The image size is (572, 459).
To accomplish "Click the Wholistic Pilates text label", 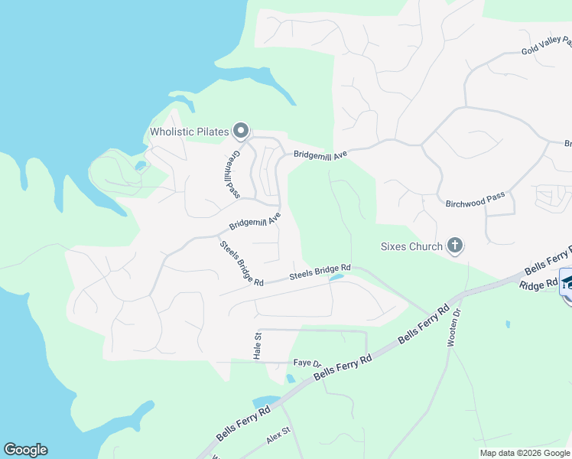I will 189,132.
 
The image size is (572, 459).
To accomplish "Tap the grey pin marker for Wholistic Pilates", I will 241,132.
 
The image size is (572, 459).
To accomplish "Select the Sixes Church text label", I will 411,246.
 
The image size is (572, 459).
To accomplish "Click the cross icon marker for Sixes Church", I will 455,246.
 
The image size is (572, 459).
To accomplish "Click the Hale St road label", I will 258,346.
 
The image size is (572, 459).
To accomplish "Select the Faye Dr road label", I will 306,363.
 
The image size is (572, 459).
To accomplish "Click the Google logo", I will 25,450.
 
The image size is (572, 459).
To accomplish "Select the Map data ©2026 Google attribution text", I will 525,453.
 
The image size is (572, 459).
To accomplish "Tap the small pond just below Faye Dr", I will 290,378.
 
